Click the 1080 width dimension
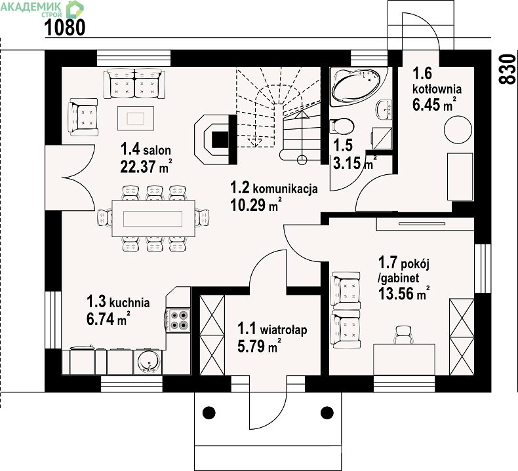coord(65,27)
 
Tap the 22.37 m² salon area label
coord(146,166)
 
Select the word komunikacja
coord(285,189)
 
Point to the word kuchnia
coord(130,303)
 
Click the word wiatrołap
coord(284,330)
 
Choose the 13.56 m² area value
coord(404,293)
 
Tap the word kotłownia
coord(437,89)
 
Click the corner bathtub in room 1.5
coord(359,86)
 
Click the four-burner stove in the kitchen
coord(178,320)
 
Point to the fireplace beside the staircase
coord(215,140)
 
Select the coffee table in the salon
coord(136,118)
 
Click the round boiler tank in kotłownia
coord(458,130)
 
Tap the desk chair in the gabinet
coord(403,335)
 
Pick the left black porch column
coord(209,412)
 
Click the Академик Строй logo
coord(42,9)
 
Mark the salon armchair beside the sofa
coord(83,117)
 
